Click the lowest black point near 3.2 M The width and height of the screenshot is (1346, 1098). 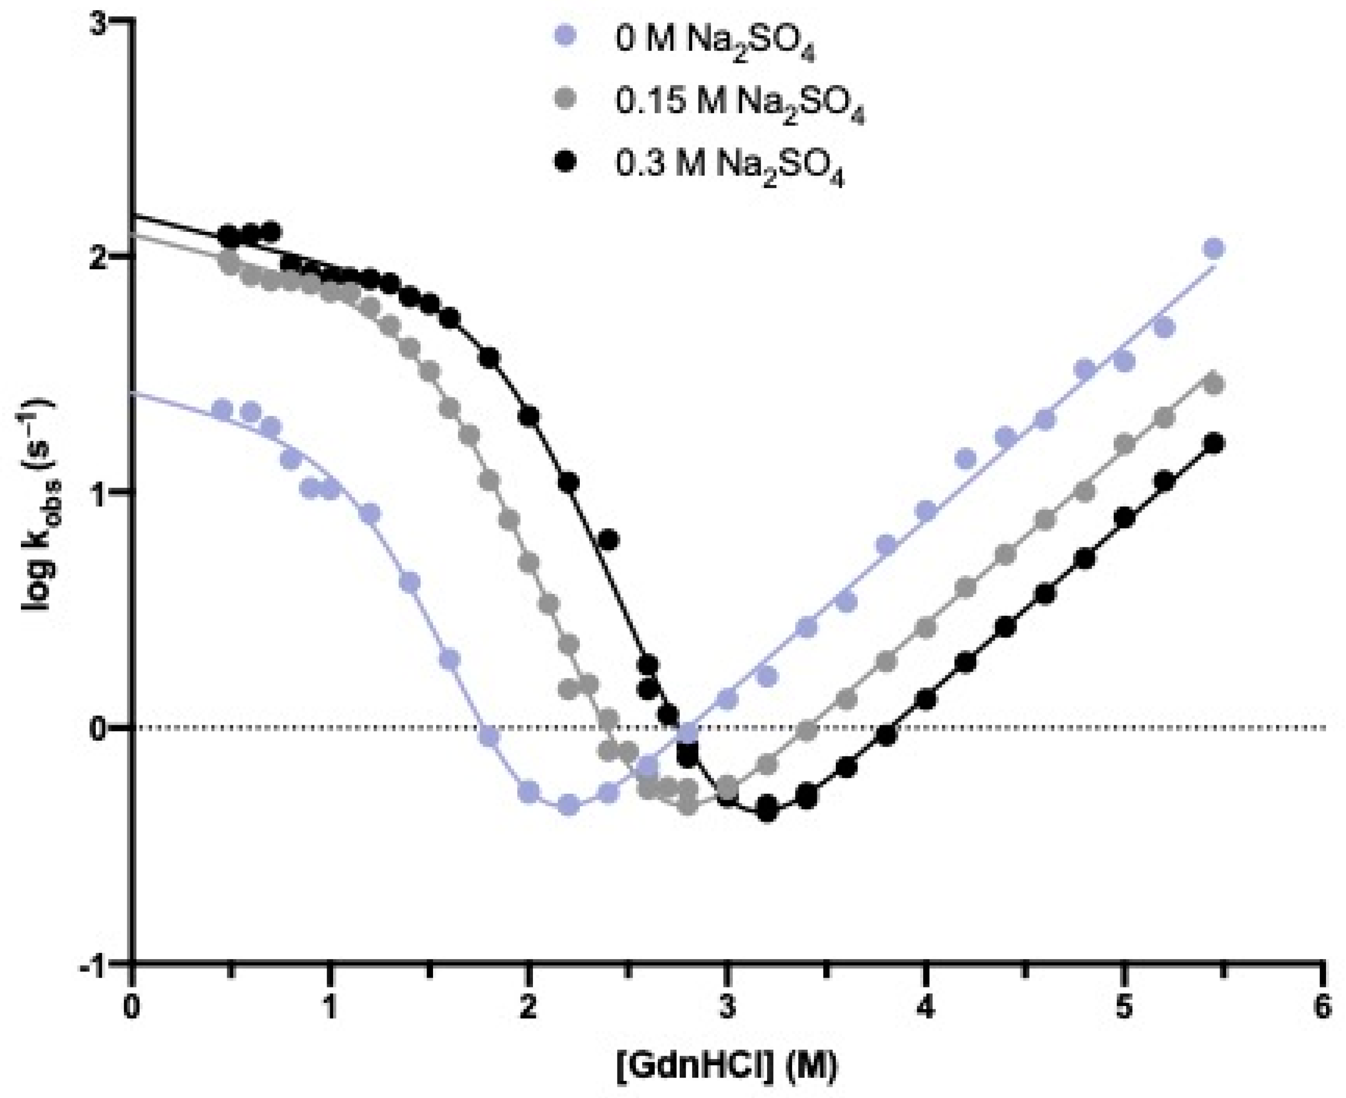point(767,809)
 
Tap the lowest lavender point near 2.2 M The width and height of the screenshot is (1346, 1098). point(568,804)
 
